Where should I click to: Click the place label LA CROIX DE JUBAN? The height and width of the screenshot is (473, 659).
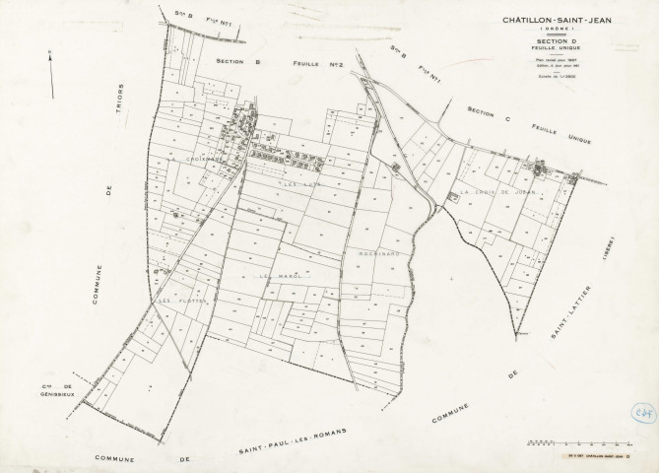(496, 192)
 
